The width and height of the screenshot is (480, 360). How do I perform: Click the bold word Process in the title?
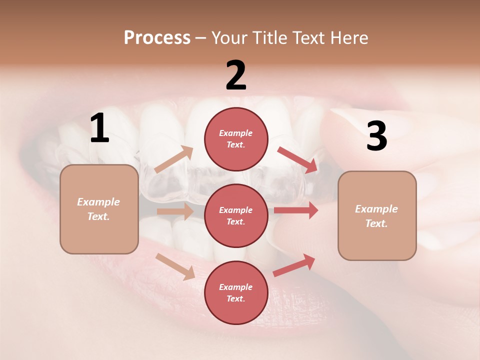(157, 37)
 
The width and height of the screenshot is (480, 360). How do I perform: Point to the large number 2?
(236, 75)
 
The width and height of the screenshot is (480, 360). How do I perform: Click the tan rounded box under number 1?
(99, 209)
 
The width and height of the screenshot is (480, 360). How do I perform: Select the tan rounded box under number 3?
(377, 216)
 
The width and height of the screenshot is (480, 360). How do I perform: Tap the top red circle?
(236, 139)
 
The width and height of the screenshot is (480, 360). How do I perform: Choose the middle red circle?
(236, 215)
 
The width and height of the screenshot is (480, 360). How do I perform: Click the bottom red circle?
(236, 292)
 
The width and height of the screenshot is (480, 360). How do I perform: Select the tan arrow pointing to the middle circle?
(175, 211)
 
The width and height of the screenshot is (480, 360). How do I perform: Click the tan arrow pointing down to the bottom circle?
(175, 266)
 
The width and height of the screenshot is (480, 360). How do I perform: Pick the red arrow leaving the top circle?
(297, 160)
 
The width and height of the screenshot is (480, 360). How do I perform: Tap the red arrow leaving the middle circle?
(296, 210)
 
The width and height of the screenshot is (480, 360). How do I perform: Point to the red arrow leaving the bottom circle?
(294, 265)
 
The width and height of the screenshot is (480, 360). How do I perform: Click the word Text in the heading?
(309, 37)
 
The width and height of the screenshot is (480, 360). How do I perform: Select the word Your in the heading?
(228, 37)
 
